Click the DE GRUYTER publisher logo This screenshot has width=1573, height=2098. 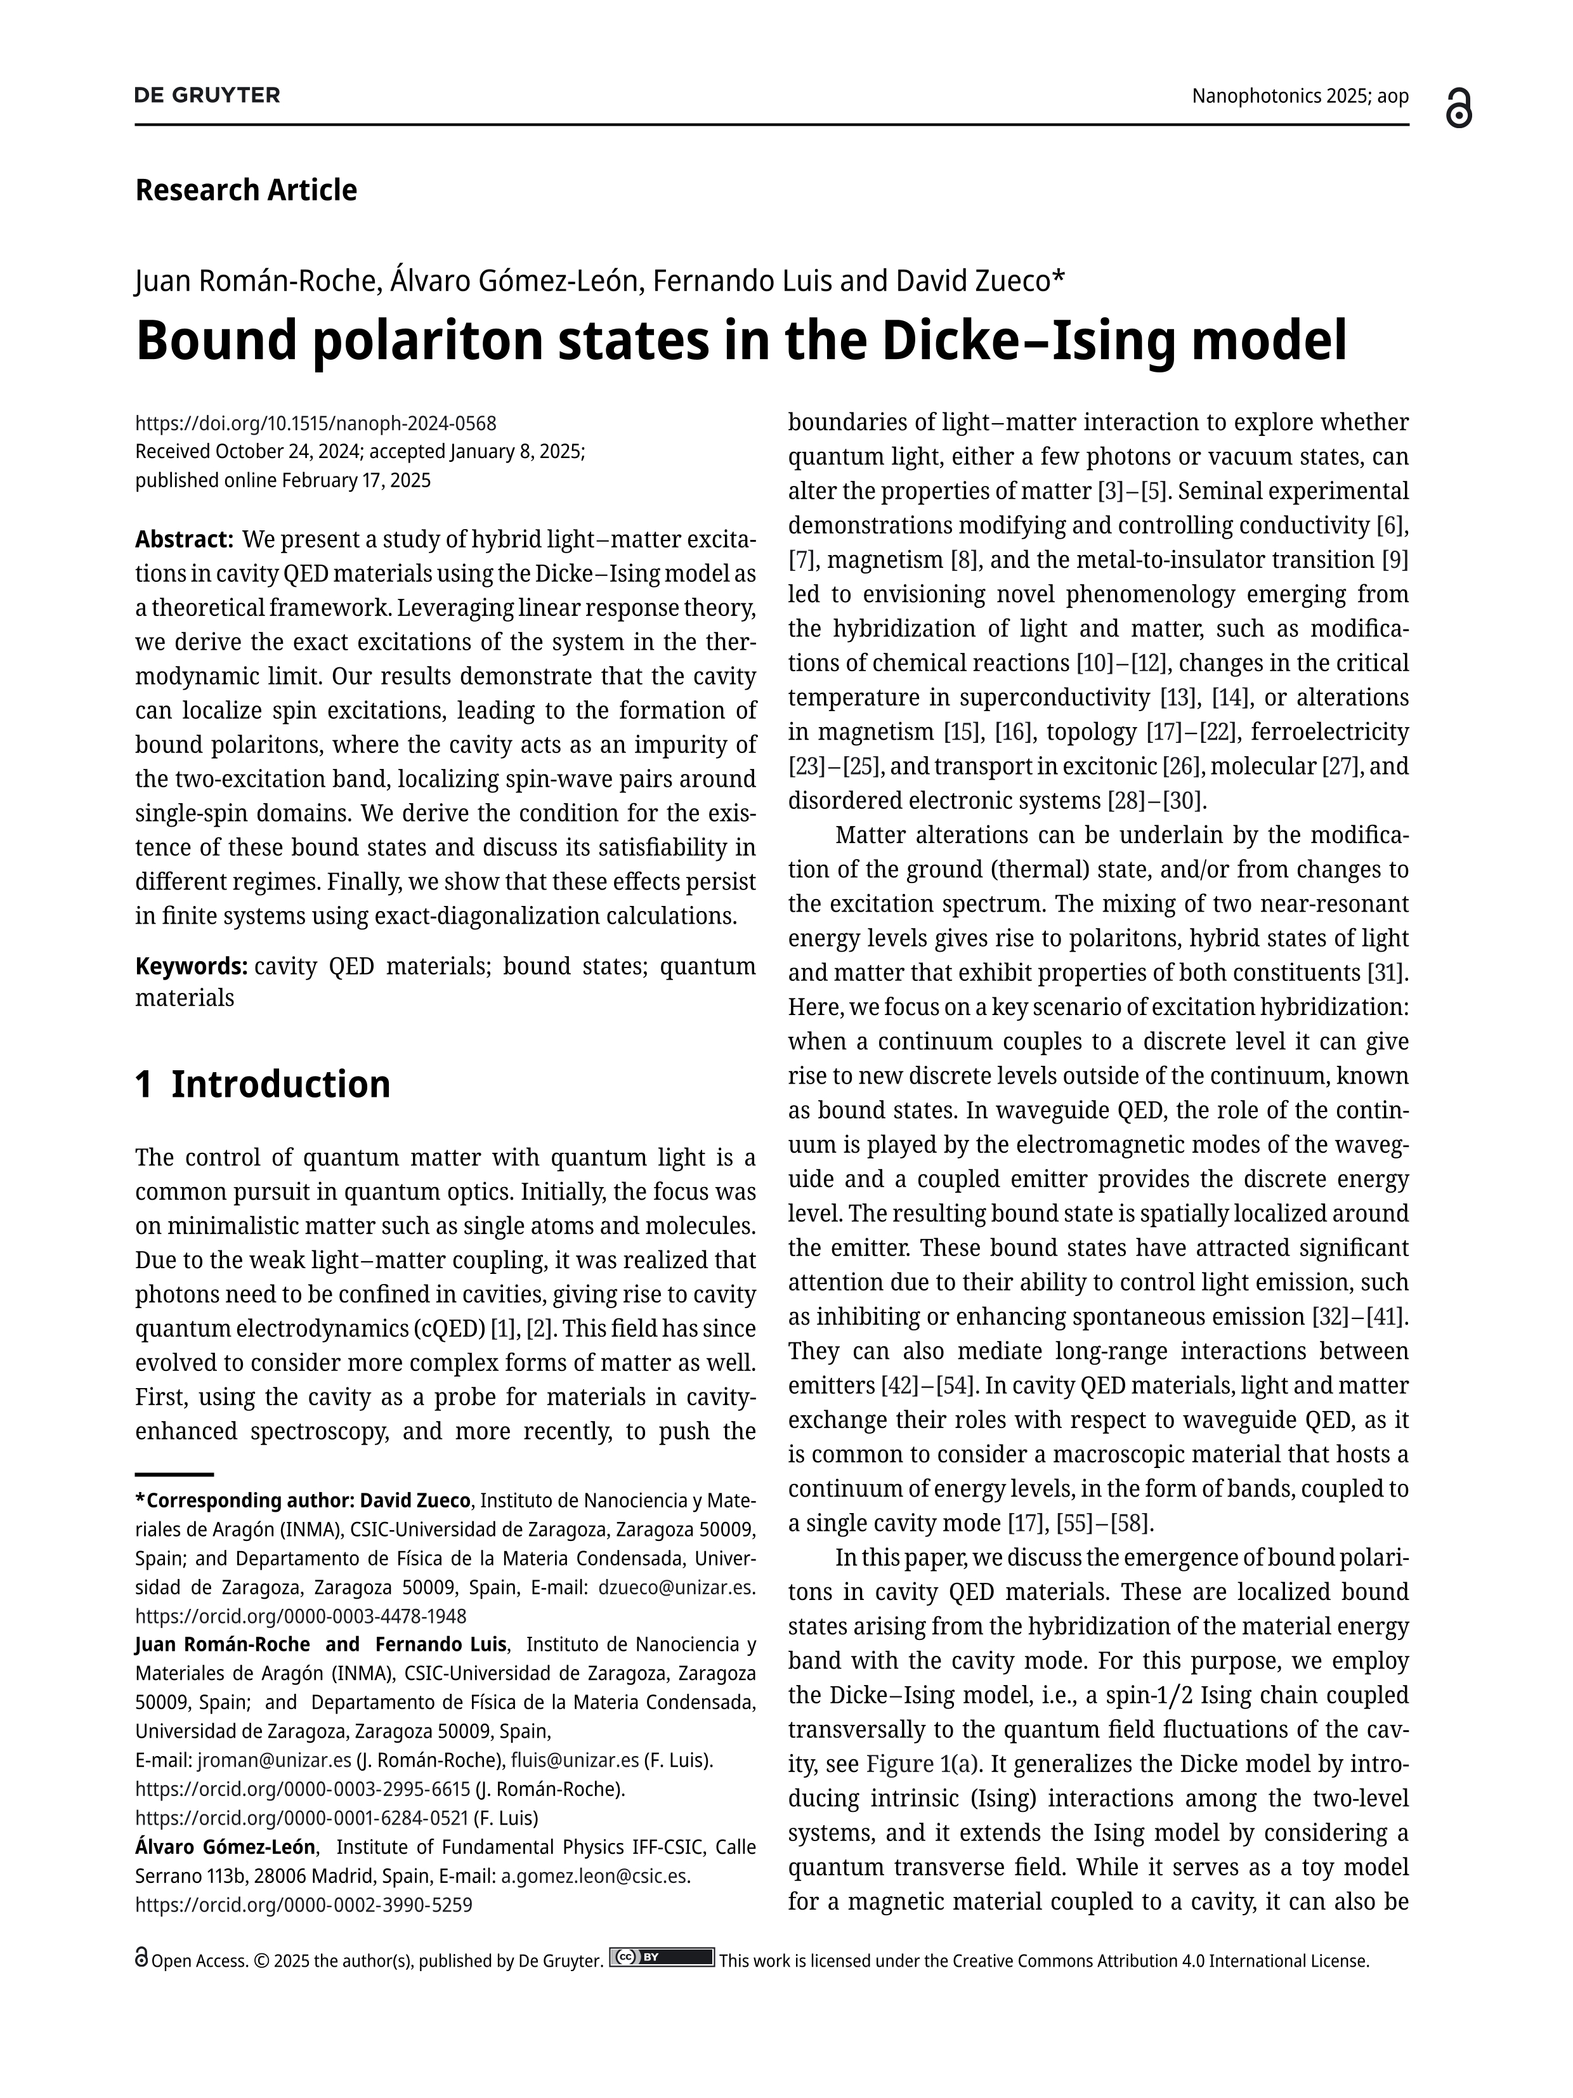(207, 95)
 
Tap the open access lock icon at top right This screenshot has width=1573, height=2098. (1458, 108)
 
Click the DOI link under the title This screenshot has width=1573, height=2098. (316, 423)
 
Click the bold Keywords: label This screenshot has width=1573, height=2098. (192, 966)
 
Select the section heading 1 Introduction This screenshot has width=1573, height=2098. (263, 1084)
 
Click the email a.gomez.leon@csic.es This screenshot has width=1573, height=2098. (596, 1876)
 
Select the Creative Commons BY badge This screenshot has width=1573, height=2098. (661, 1958)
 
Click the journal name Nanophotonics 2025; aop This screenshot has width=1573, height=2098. (1299, 96)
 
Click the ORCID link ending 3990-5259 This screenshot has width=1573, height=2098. (303, 1905)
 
